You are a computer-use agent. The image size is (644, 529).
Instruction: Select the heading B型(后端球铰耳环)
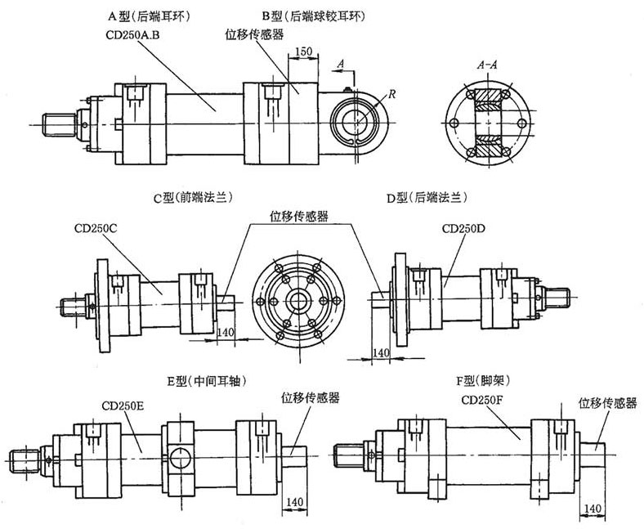(x=309, y=15)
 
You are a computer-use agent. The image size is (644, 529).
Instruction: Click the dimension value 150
(x=302, y=52)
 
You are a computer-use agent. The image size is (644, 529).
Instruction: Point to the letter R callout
(x=393, y=95)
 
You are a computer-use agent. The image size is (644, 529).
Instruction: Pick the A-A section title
(x=488, y=63)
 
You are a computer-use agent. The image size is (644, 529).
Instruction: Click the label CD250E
(x=123, y=404)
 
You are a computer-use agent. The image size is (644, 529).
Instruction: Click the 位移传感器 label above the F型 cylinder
(x=607, y=402)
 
